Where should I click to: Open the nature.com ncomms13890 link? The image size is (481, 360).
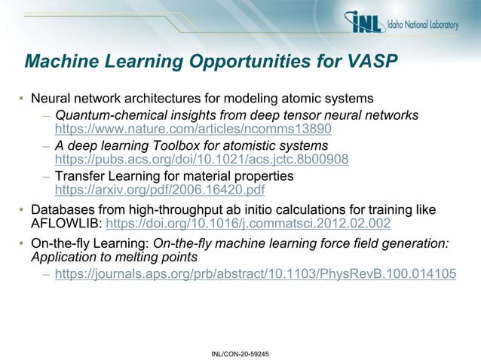[193, 130]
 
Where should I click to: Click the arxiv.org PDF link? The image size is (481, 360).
[160, 191]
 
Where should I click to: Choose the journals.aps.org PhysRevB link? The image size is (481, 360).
[256, 274]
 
